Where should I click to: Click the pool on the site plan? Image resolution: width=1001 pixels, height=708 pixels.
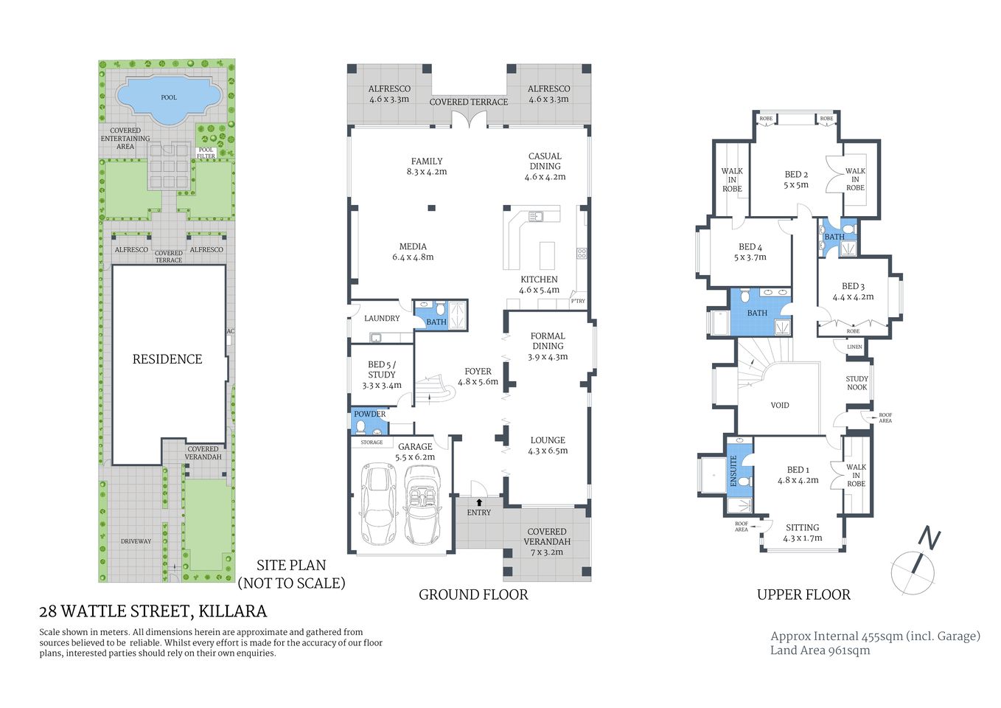tap(169, 97)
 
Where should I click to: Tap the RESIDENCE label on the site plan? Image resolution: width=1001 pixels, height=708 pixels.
tap(167, 359)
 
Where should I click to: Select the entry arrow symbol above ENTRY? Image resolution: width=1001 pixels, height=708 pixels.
tap(479, 502)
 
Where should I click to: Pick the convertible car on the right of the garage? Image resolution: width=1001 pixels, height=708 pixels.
tap(422, 504)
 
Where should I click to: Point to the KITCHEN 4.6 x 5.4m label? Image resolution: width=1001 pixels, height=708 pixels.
tap(539, 285)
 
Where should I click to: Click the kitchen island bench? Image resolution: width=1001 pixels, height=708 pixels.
tap(547, 255)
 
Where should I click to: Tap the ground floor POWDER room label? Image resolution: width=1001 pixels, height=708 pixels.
tap(369, 414)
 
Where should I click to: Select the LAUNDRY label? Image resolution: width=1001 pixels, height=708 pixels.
tap(382, 319)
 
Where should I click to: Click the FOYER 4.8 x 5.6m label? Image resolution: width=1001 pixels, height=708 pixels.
tap(478, 377)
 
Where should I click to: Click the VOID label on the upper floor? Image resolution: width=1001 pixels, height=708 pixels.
tap(780, 405)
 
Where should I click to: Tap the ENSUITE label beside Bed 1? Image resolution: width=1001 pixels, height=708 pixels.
tap(733, 470)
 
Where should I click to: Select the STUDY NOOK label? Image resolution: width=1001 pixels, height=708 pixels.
tap(857, 383)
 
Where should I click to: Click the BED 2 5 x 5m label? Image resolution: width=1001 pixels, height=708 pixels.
tap(796, 180)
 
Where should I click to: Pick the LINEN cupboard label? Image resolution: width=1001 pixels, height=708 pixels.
tap(854, 347)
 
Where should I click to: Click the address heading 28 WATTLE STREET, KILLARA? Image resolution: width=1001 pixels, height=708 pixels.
tap(153, 611)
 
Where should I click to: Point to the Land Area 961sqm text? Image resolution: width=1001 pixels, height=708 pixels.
tap(820, 650)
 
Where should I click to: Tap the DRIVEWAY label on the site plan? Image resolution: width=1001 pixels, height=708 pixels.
tap(136, 541)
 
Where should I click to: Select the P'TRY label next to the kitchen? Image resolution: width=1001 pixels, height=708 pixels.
tap(578, 301)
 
